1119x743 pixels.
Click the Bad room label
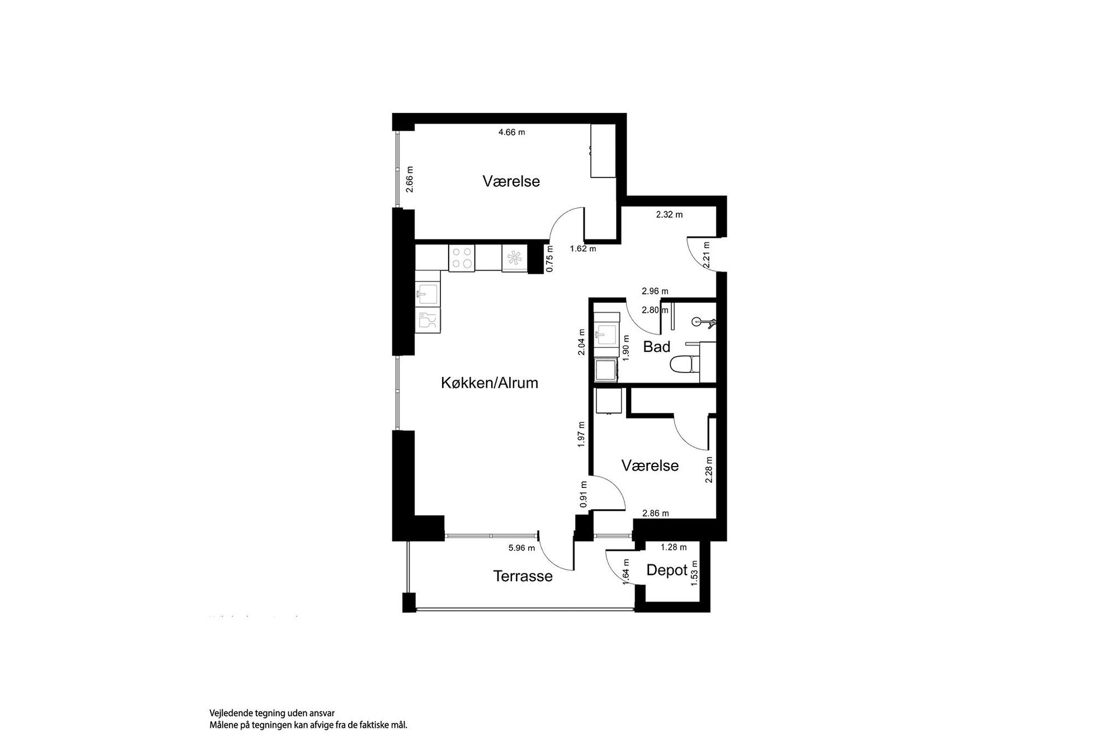tap(656, 347)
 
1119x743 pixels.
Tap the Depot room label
tap(667, 570)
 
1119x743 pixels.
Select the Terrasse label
tap(523, 576)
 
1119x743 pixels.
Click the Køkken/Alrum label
tap(490, 383)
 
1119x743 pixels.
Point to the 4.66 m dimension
tap(512, 133)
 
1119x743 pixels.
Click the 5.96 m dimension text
tap(521, 548)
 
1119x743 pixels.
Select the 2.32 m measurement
tap(669, 214)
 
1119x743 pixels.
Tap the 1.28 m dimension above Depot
tap(674, 547)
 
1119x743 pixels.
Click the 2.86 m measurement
tap(655, 513)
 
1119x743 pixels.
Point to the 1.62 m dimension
tap(583, 248)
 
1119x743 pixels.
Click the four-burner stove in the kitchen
tap(462, 258)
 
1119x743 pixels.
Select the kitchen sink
tap(428, 293)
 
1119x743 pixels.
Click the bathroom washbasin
tap(605, 336)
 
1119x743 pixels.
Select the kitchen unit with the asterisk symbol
tap(514, 258)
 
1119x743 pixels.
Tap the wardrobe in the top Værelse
tap(603, 151)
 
